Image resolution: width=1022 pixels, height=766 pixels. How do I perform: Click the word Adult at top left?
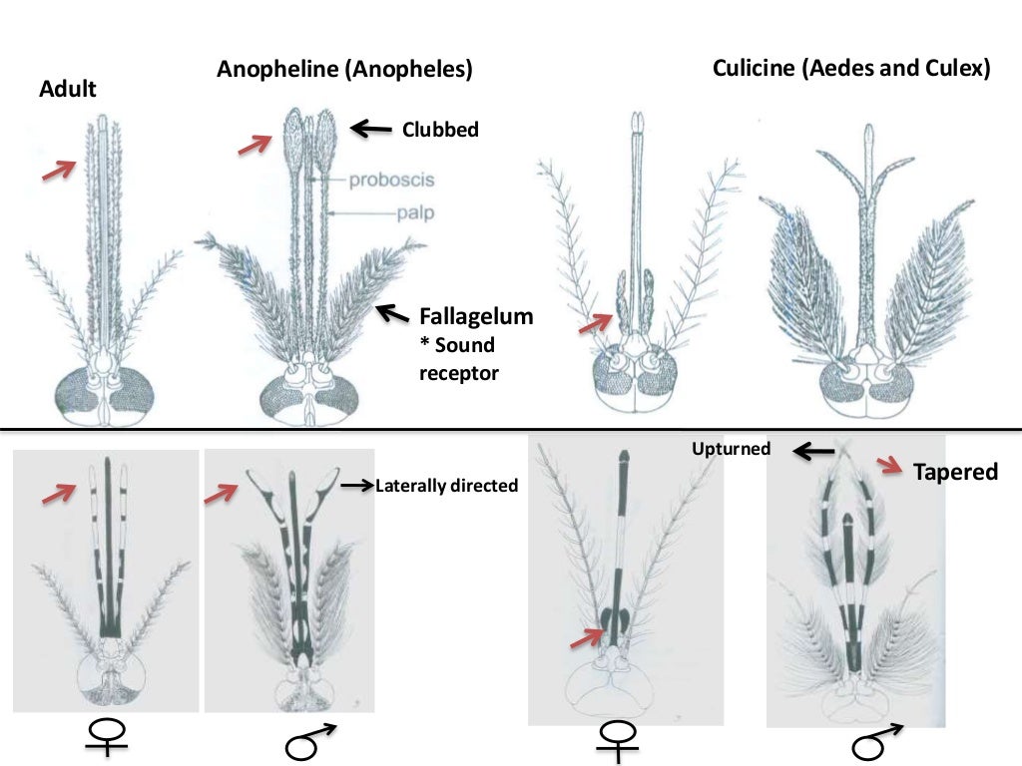(68, 89)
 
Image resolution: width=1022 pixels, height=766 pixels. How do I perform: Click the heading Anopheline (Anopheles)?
(344, 70)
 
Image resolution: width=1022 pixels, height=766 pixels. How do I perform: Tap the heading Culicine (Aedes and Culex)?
(850, 69)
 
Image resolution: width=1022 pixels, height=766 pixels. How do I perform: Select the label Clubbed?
(440, 129)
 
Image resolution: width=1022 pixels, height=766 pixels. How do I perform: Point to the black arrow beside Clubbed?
(371, 128)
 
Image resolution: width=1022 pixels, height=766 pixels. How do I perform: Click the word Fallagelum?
(476, 316)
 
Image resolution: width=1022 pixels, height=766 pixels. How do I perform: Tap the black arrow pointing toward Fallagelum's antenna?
(392, 314)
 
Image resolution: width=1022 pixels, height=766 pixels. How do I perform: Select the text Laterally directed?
(446, 487)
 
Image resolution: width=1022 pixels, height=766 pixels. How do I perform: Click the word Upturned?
(732, 449)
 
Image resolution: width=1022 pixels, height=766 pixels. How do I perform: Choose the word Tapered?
(955, 472)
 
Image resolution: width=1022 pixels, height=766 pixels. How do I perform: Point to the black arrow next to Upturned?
(813, 451)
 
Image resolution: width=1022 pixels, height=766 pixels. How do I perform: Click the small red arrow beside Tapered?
(889, 464)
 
